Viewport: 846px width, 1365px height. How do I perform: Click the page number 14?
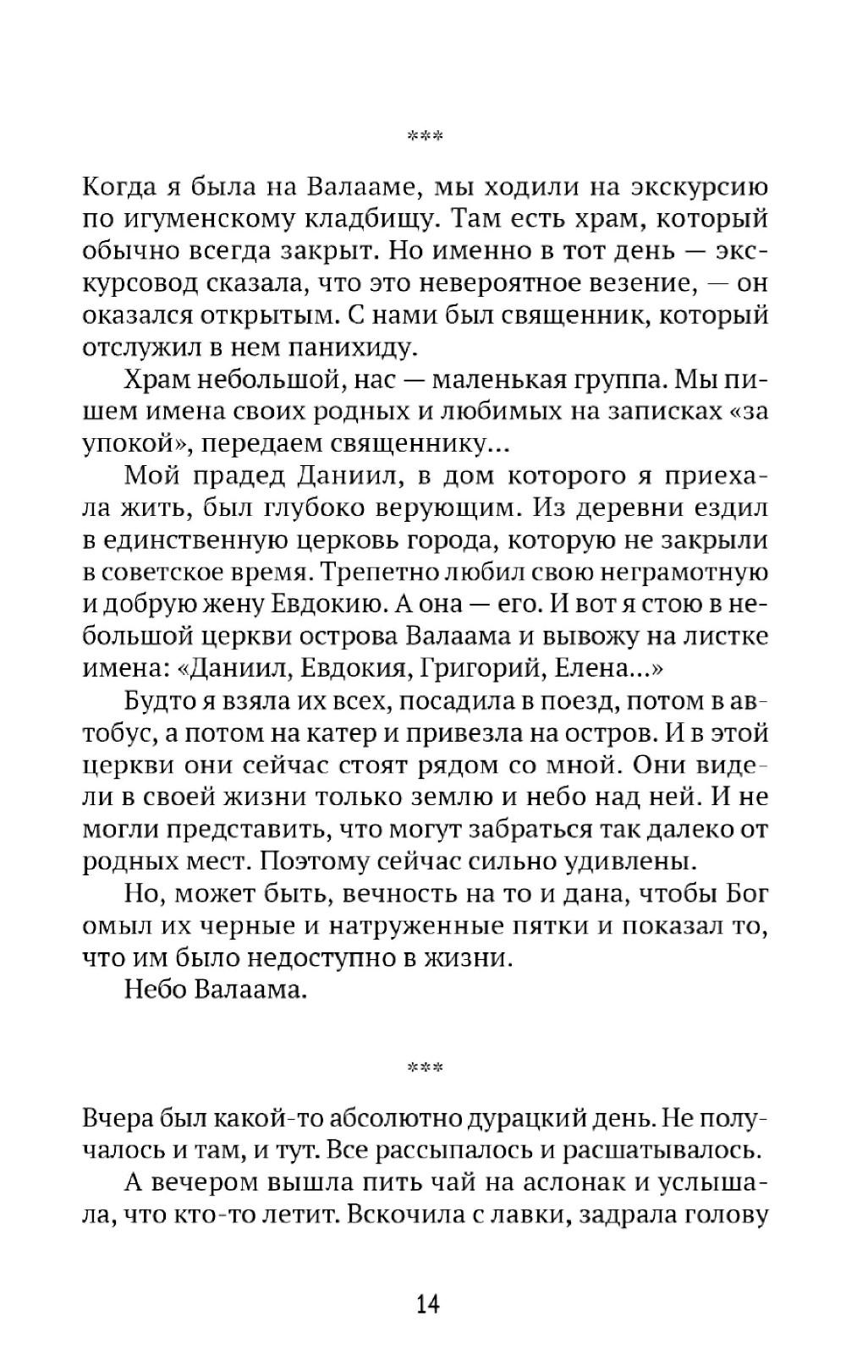click(x=427, y=1303)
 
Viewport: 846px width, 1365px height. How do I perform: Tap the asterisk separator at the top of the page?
click(x=425, y=136)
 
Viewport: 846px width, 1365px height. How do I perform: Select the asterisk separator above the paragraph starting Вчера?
click(x=425, y=1068)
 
